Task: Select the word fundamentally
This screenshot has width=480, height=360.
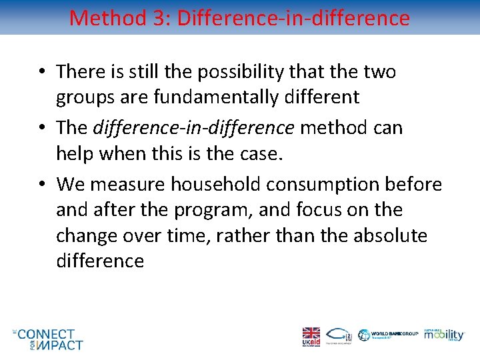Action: point(214,97)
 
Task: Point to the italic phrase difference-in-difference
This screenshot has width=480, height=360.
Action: point(194,127)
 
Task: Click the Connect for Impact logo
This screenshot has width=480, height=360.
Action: point(49,339)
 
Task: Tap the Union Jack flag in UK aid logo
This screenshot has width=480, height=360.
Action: point(311,333)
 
